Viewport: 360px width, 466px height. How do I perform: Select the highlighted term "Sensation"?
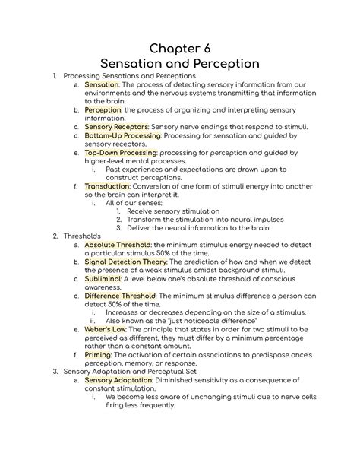[102, 85]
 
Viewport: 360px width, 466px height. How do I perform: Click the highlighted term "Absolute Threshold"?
[118, 246]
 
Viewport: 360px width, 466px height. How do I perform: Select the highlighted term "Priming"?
[98, 354]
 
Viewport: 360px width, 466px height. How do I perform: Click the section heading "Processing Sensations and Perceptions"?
[130, 76]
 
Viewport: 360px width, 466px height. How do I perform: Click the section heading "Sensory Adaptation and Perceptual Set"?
[130, 371]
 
